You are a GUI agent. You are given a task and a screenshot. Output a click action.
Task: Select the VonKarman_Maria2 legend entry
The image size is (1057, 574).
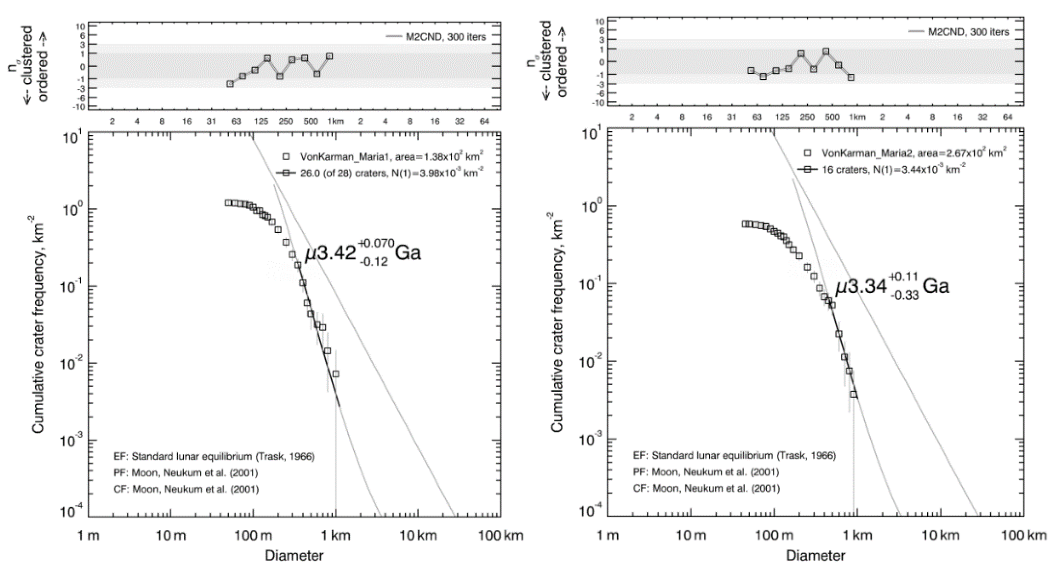[905, 153]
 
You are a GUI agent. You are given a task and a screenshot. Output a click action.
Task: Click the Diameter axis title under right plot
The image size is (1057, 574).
[815, 556]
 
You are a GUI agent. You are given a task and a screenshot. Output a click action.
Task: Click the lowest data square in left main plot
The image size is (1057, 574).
[336, 374]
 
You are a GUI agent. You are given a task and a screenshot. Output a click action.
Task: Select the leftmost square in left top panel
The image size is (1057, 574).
[230, 84]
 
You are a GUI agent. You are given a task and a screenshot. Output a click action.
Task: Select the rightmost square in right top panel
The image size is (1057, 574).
[851, 77]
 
